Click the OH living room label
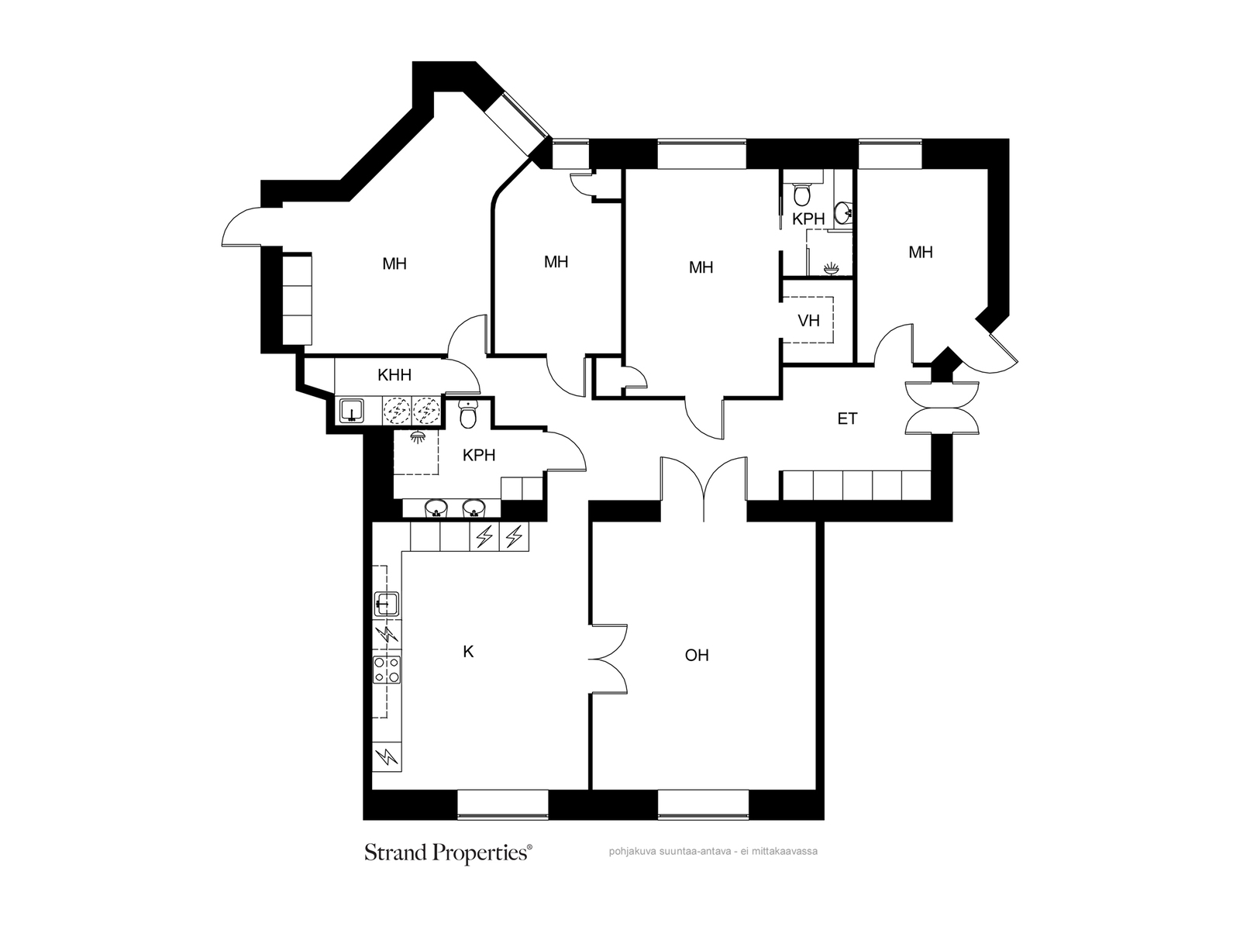click(697, 655)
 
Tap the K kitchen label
click(468, 652)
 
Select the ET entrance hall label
click(847, 418)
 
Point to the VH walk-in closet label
click(808, 321)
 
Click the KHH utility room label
click(394, 374)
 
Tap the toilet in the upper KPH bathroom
click(801, 193)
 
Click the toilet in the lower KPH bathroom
click(468, 413)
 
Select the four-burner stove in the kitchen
click(387, 669)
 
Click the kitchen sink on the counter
click(387, 604)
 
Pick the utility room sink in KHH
click(353, 411)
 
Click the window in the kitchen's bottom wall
click(502, 804)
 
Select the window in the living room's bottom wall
click(704, 804)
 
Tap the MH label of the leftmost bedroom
click(394, 263)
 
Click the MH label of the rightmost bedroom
click(920, 253)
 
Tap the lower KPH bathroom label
click(478, 455)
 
